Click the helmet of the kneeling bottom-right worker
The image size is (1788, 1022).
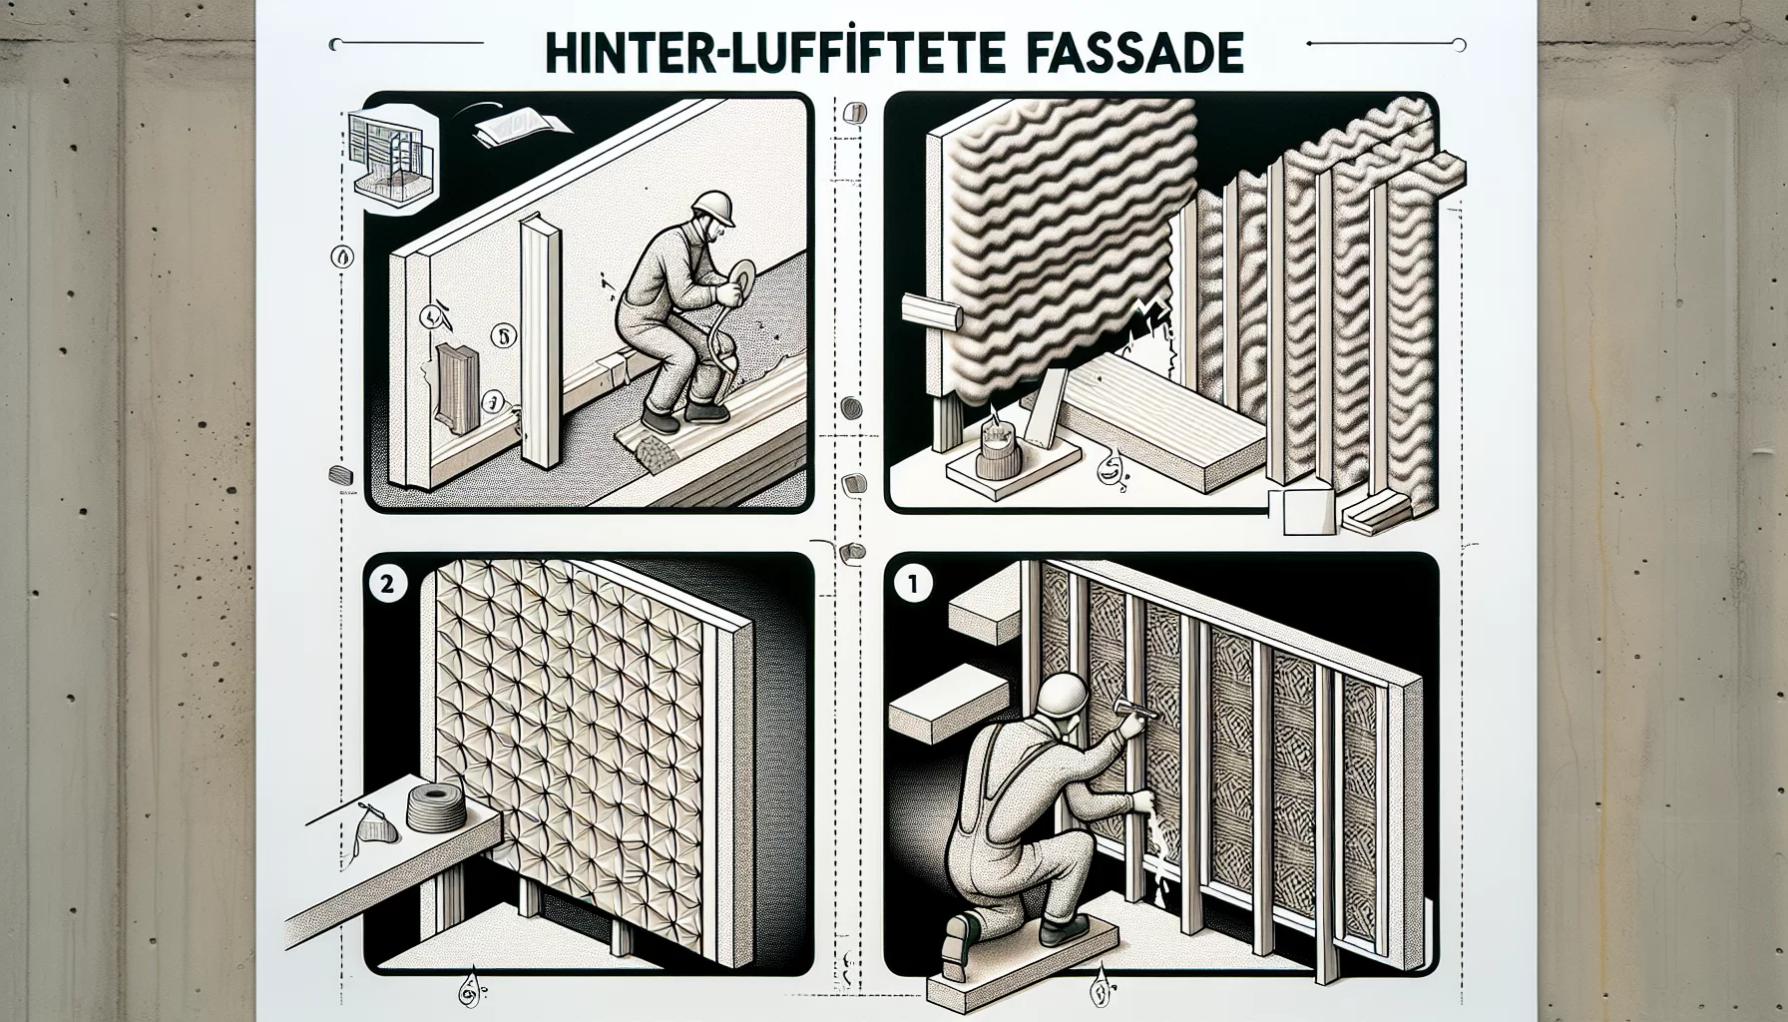coord(1066,692)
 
